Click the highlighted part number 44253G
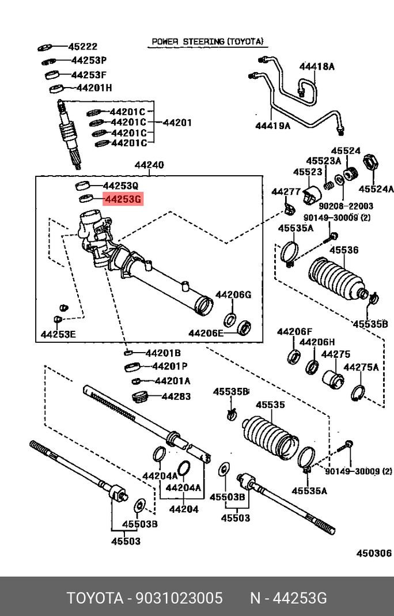coord(122,200)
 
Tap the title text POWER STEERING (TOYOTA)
coord(207,41)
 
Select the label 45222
coord(83,47)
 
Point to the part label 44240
coord(149,165)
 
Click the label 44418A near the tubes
coord(316,66)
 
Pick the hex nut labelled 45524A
coord(372,162)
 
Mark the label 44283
coord(176,396)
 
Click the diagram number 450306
coord(374,553)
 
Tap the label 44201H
coord(94,88)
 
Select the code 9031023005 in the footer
coord(179,598)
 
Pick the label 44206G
coord(233,294)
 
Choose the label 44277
coord(286,191)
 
